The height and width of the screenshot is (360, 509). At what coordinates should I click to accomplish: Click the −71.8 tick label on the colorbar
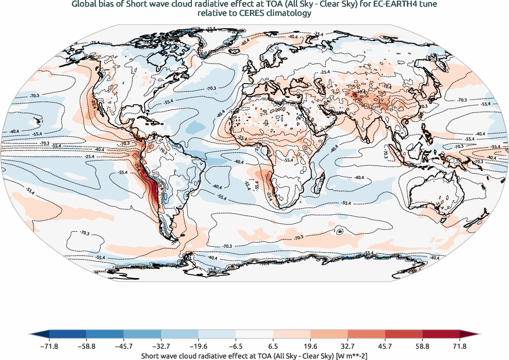(49, 347)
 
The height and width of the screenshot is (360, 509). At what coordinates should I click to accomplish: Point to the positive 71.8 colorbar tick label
(460, 347)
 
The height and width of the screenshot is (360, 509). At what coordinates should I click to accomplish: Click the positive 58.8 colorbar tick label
(422, 347)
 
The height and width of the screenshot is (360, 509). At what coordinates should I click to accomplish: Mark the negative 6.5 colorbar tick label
(236, 347)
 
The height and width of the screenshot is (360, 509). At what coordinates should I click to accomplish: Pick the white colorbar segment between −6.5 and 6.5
(254, 335)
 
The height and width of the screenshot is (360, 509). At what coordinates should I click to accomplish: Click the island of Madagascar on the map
(321, 181)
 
